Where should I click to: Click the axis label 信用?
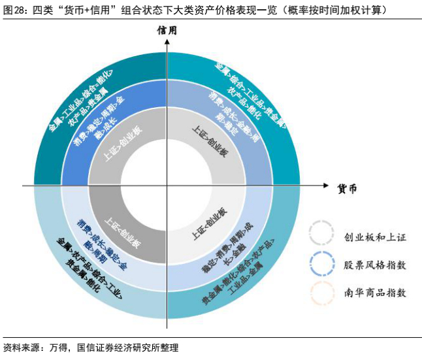pos(168,31)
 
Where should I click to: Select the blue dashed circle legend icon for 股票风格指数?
pos(323,264)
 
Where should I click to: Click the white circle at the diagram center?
pos(168,186)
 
